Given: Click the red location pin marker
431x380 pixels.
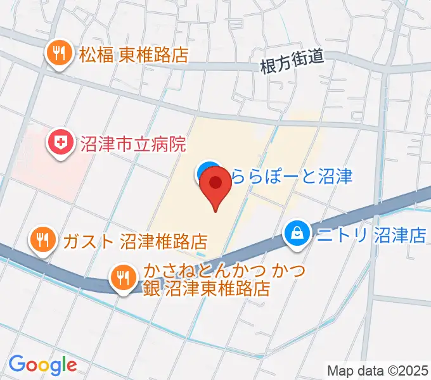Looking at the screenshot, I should pos(216,184).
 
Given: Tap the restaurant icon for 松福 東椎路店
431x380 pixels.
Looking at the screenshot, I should pos(60,54).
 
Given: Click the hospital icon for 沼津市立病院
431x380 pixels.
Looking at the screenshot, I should pos(61,142).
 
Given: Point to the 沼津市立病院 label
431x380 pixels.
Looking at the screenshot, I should pos(132,144).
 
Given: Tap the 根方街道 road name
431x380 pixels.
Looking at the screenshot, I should pos(292,61).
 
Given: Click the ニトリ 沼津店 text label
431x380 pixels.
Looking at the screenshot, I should pos(371,236).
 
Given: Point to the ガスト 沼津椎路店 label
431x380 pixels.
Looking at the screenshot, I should pos(135,241).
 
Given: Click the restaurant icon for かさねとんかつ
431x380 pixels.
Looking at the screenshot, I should pos(122,277).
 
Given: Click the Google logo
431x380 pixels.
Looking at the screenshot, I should pos(42,365).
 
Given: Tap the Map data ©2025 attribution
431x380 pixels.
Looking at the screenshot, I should pos(378,370).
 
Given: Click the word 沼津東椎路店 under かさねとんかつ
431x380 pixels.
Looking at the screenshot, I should pos(217,289).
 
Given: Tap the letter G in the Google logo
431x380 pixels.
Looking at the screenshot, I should pos(17,364).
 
